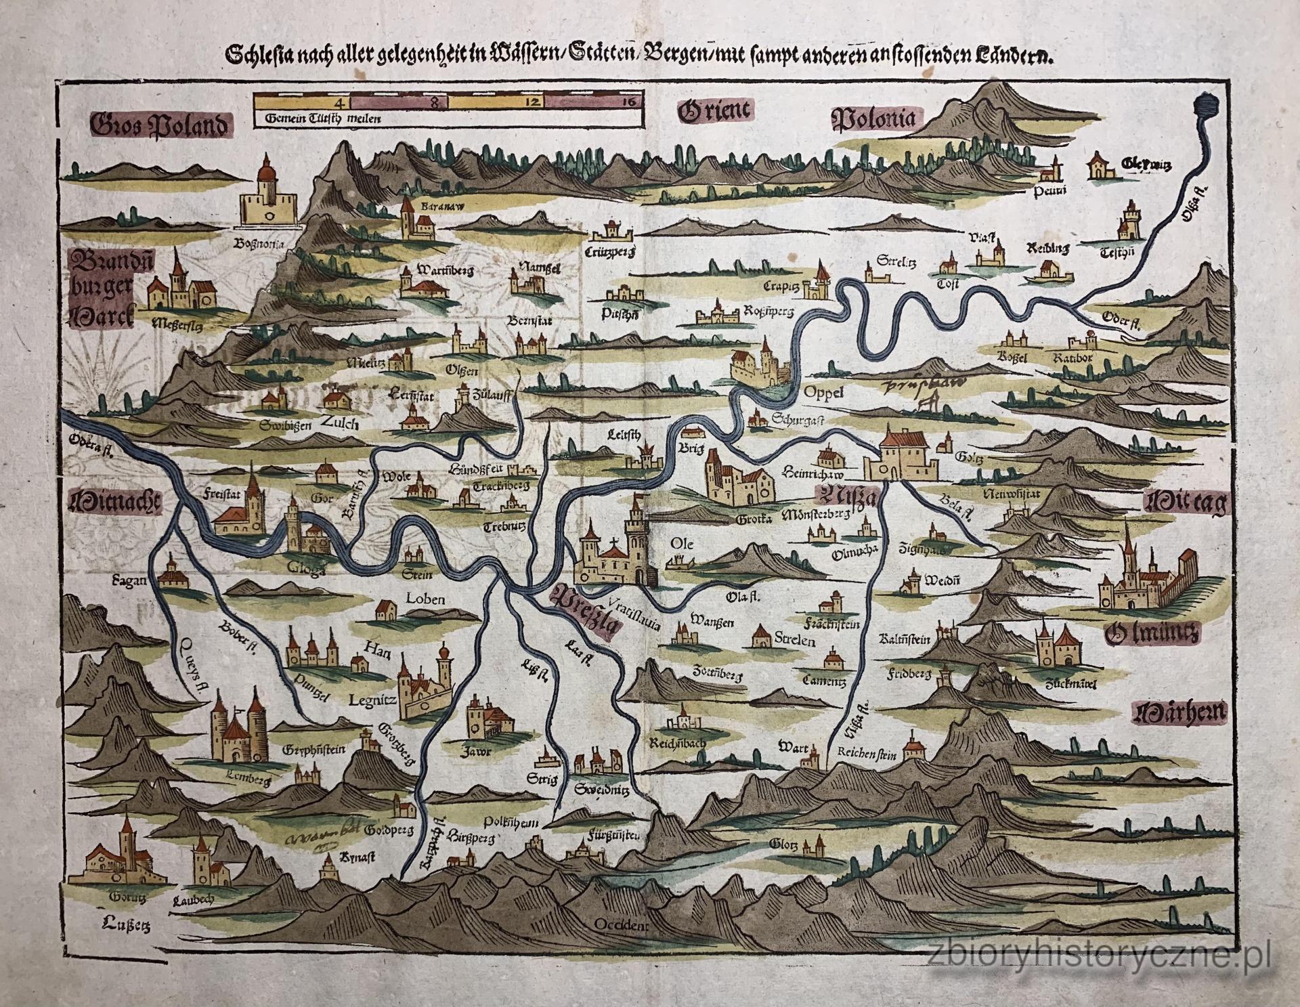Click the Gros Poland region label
coord(160,126)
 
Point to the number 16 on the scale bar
coord(628,102)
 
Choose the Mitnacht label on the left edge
coord(114,502)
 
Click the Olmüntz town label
coord(1149,634)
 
